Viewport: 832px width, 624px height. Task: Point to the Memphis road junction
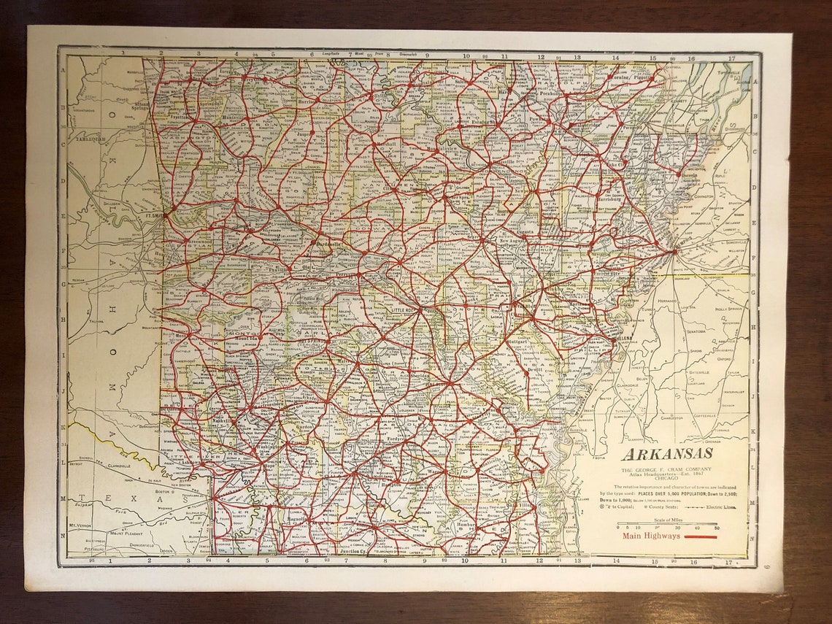(x=673, y=251)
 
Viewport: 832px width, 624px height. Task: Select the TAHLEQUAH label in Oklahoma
(x=93, y=138)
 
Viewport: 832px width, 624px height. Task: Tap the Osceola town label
(x=690, y=174)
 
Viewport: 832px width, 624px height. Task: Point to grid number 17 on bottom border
(x=728, y=562)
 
